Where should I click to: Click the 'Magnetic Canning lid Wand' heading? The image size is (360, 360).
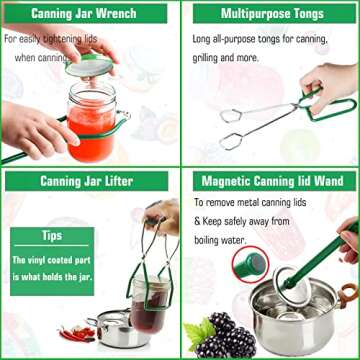[x=269, y=181]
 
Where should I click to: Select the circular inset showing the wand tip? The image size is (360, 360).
[x=245, y=267]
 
